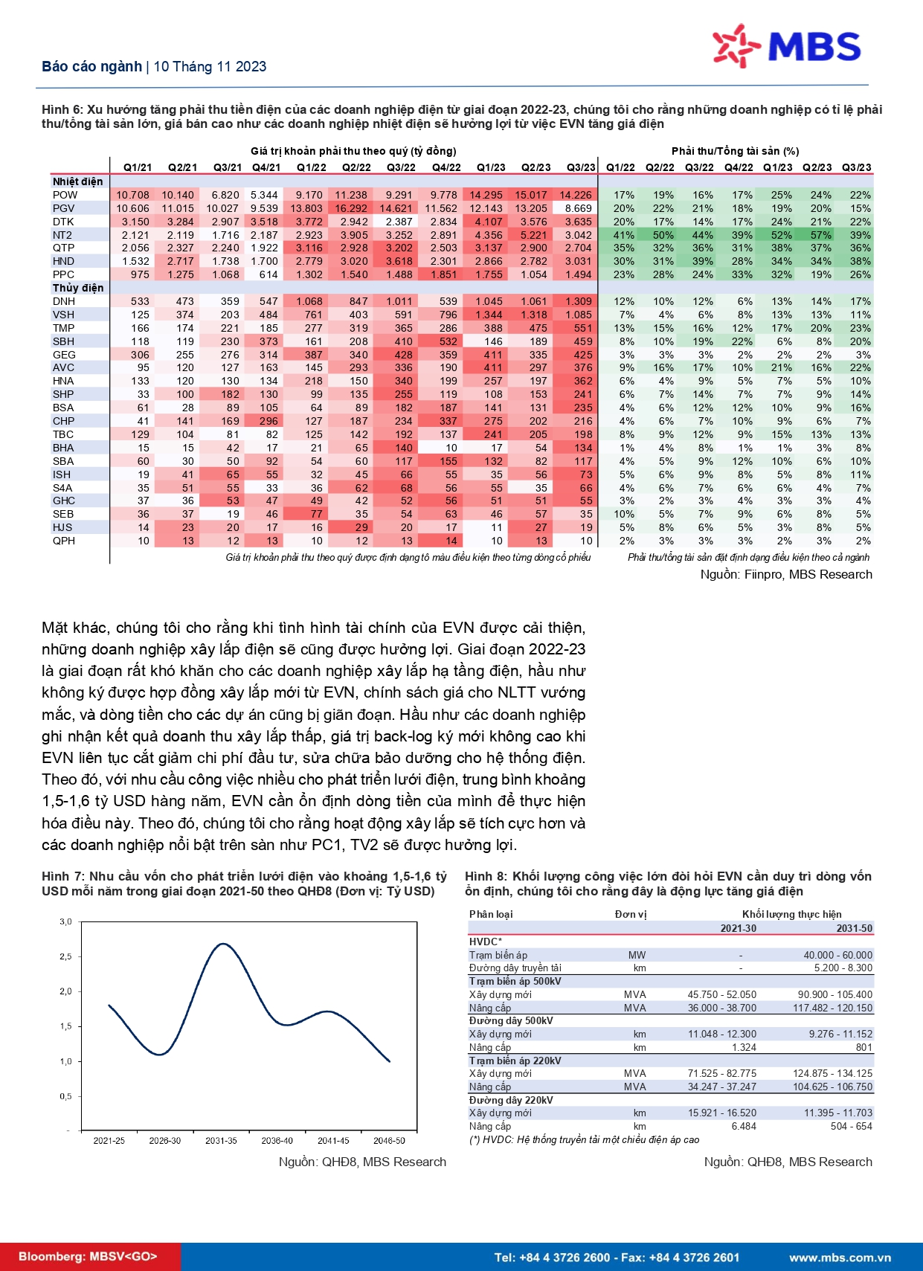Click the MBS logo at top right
point(786,46)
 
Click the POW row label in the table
point(65,195)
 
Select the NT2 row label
point(62,235)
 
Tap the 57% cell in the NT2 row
point(821,235)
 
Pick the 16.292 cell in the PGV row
point(351,208)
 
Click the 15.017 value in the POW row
point(531,195)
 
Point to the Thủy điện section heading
point(78,288)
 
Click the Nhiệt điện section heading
point(77,181)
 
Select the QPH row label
point(64,541)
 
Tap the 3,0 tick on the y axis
point(65,921)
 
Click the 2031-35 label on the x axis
point(221,1140)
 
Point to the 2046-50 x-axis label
point(389,1140)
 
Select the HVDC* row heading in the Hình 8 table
point(486,942)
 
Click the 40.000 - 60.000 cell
point(837,955)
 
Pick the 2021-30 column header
point(738,928)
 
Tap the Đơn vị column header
point(631,914)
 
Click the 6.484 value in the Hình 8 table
point(743,1126)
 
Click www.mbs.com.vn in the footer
point(840,1258)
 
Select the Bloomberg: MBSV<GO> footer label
point(88,1257)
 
